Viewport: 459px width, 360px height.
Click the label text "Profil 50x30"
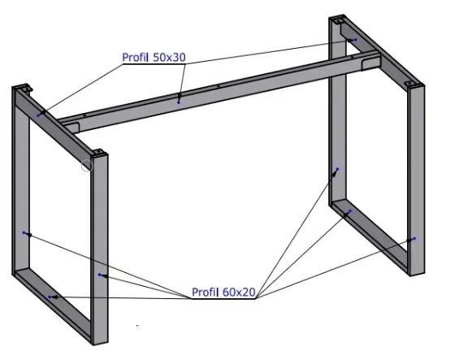click(154, 58)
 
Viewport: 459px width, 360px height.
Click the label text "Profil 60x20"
click(223, 292)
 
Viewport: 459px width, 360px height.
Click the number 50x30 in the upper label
click(169, 58)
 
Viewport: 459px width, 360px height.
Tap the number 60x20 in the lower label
click(239, 292)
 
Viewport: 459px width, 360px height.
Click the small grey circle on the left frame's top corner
click(87, 166)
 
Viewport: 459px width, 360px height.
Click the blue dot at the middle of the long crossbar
click(179, 102)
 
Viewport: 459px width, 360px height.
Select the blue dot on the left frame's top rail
click(38, 115)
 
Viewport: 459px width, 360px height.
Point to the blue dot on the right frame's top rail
click(356, 40)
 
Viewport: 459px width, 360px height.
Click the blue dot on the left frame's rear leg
click(24, 232)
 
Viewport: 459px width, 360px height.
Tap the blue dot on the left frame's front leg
click(100, 275)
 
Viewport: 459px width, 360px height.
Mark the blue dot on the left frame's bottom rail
click(50, 297)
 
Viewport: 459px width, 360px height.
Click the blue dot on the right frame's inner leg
click(337, 169)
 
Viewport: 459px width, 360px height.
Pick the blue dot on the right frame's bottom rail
click(350, 211)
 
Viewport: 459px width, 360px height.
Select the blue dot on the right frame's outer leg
click(414, 239)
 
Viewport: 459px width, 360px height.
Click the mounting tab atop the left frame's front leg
click(99, 152)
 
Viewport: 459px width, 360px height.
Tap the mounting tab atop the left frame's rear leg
click(26, 87)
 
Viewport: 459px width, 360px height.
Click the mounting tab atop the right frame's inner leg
click(338, 21)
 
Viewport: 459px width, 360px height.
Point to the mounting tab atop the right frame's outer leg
click(409, 84)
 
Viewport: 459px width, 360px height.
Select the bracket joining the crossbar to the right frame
click(370, 64)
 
